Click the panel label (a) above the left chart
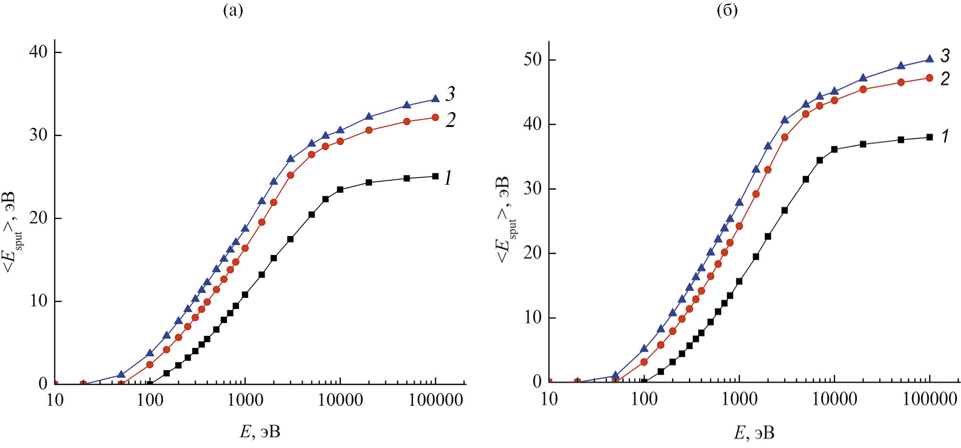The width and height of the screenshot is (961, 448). tap(233, 10)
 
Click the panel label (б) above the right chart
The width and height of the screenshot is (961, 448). tap(727, 10)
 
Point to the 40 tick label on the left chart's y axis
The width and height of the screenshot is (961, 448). tap(38, 52)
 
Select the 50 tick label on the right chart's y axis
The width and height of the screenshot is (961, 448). tap(533, 60)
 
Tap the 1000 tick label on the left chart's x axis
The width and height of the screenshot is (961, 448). tap(245, 400)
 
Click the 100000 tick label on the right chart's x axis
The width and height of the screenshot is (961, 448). tap(930, 399)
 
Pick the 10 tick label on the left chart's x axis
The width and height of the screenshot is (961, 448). tap(55, 400)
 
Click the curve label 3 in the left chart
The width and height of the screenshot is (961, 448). tap(450, 94)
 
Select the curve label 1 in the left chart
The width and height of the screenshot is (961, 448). tap(448, 178)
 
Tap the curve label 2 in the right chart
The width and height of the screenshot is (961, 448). tap(945, 79)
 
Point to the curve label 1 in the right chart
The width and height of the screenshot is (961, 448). tap(945, 136)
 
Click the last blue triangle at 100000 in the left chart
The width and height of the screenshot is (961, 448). tap(435, 99)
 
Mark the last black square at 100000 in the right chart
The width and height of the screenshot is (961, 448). tap(929, 137)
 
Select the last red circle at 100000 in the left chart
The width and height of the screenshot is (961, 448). tap(435, 117)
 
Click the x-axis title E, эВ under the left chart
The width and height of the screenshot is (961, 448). tap(260, 432)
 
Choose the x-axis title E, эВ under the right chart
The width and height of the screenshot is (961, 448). tap(754, 433)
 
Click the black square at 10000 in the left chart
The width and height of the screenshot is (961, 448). tap(340, 189)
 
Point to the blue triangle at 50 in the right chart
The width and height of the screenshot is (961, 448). tap(616, 375)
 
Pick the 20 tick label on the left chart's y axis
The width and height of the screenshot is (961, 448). tap(38, 218)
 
